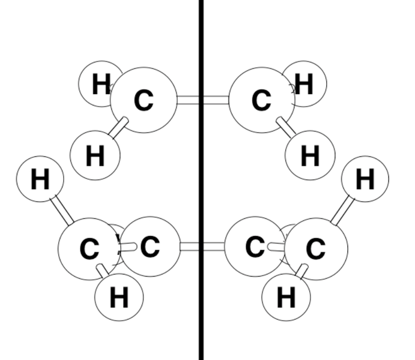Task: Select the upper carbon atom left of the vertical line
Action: pyautogui.click(x=144, y=100)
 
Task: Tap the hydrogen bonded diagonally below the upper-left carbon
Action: pyautogui.click(x=95, y=155)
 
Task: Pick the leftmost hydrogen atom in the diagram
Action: pyautogui.click(x=40, y=179)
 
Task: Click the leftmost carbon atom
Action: pyautogui.click(x=89, y=249)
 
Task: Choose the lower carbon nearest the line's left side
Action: pyautogui.click(x=150, y=247)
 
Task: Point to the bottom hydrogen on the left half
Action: pyautogui.click(x=119, y=297)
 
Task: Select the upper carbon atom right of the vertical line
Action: pyautogui.click(x=261, y=100)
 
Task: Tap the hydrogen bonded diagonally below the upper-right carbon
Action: pyautogui.click(x=310, y=155)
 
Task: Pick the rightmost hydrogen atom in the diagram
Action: pyautogui.click(x=365, y=179)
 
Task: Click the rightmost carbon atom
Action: pyautogui.click(x=316, y=249)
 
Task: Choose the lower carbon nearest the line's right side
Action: pyautogui.click(x=255, y=247)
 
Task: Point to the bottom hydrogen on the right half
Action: pyautogui.click(x=286, y=297)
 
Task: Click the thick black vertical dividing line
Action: pyautogui.click(x=201, y=180)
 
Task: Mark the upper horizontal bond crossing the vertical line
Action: pyautogui.click(x=203, y=100)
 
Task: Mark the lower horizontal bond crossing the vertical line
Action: pyautogui.click(x=202, y=247)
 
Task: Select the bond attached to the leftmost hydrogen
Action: pyautogui.click(x=62, y=210)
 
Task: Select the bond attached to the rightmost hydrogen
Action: pyautogui.click(x=342, y=210)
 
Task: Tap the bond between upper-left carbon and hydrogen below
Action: pyautogui.click(x=118, y=128)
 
